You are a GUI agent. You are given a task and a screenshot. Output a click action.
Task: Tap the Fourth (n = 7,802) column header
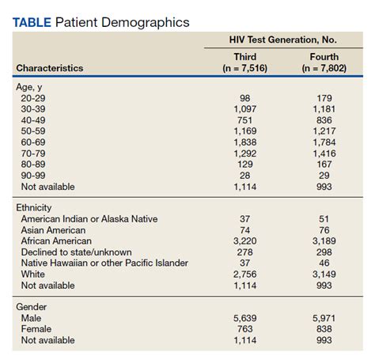point(324,63)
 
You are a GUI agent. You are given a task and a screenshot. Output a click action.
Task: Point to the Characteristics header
point(50,68)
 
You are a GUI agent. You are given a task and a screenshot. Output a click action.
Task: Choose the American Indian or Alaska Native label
point(89,218)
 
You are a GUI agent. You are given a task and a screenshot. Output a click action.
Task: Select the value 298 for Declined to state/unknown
point(324,252)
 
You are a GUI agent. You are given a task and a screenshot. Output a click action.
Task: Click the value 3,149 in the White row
point(324,274)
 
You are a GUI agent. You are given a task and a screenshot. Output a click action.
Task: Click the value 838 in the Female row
point(324,330)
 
